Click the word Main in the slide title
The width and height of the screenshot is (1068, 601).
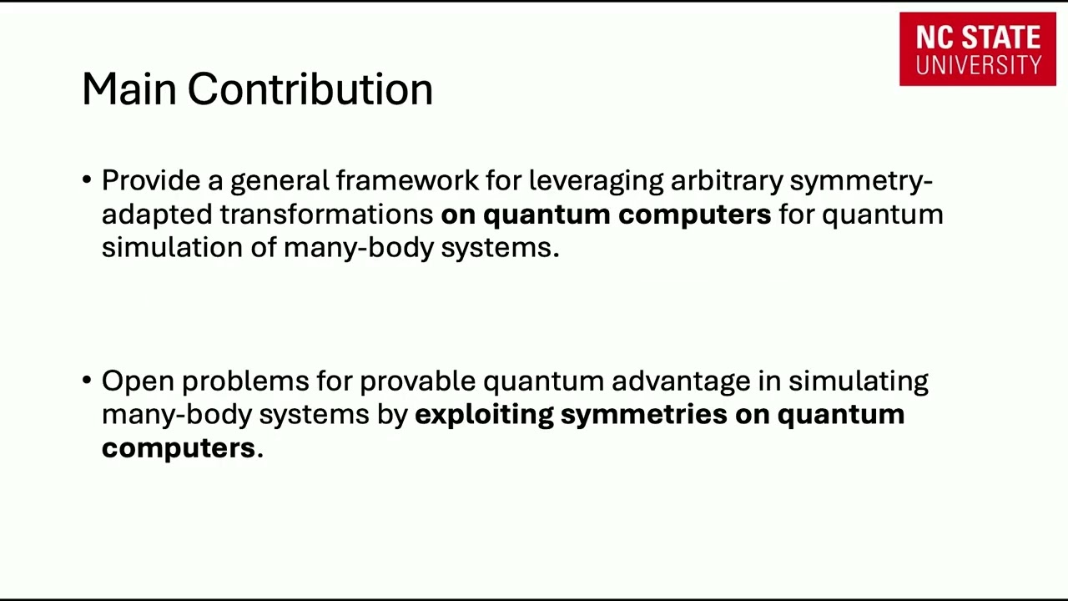coord(129,88)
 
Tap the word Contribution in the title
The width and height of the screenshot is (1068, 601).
coord(310,88)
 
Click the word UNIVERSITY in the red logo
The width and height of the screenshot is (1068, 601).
coord(978,65)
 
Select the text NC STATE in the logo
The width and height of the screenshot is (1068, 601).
coord(978,38)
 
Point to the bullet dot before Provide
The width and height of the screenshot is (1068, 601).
coord(88,180)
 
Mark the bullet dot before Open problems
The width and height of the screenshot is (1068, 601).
coord(88,381)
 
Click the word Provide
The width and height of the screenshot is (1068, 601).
coord(151,180)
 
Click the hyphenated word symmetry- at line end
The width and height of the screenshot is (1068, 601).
coord(860,180)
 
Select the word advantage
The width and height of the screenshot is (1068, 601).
coord(681,381)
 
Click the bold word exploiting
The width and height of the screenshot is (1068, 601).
coord(484,414)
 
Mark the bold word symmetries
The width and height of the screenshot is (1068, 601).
coord(643,414)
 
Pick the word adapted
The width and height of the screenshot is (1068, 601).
coord(157,214)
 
